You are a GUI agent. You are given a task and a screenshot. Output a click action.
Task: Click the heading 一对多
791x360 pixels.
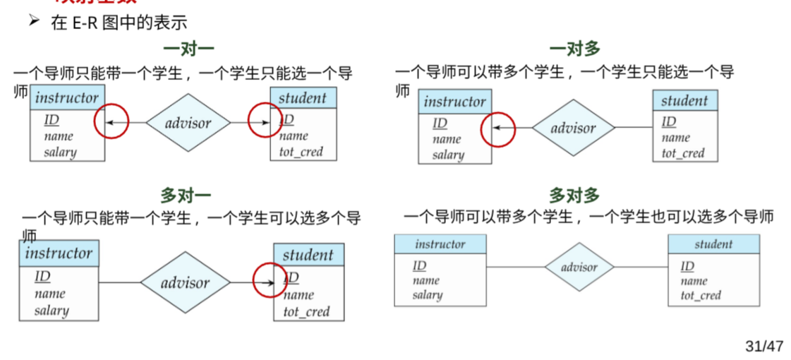(574, 49)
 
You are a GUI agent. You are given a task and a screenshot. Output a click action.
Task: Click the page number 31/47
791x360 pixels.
(764, 347)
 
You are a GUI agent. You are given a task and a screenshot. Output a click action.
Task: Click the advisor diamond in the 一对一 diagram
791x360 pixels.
(188, 124)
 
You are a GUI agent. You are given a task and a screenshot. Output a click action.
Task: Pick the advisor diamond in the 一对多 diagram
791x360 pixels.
(573, 128)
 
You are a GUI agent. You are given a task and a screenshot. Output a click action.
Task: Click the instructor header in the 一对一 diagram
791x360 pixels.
(67, 97)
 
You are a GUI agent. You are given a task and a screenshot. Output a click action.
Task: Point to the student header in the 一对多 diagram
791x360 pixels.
(684, 101)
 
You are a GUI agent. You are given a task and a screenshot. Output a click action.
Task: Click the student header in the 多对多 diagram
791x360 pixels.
(713, 244)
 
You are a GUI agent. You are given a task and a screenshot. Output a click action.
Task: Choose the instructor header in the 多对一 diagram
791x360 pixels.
(59, 253)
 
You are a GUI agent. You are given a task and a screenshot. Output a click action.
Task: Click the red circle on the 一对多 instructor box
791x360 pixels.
(497, 128)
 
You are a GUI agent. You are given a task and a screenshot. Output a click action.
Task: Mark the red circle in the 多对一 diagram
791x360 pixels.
(270, 280)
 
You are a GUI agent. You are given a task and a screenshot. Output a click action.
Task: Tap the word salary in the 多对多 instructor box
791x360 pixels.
(427, 295)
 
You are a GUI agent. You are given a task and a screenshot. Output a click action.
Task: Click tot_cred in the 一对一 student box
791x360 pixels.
(296, 151)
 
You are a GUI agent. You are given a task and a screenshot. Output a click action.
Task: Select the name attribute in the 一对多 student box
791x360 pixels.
(675, 138)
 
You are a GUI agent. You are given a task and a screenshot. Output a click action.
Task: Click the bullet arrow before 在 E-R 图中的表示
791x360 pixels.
(34, 21)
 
